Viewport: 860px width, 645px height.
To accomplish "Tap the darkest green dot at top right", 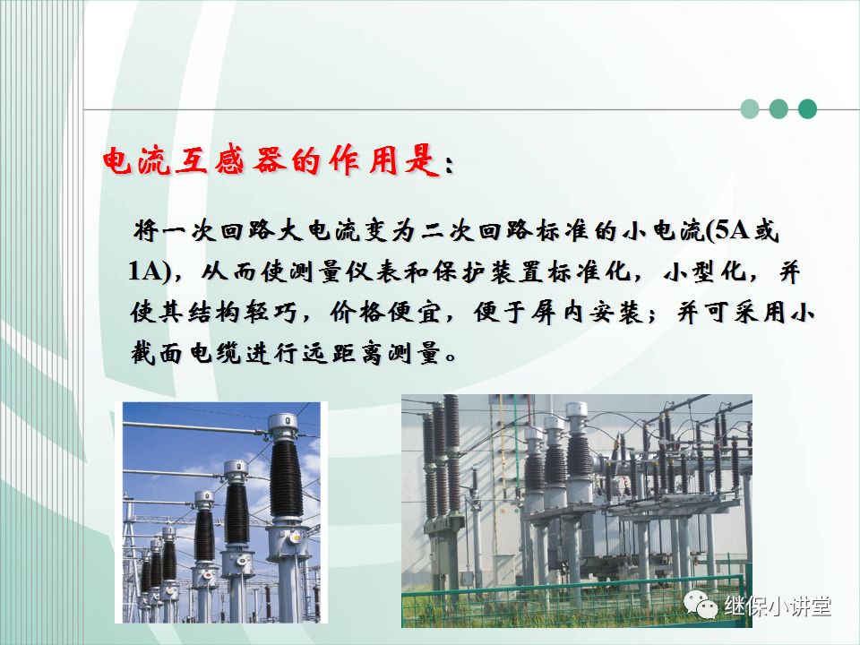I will tap(807, 109).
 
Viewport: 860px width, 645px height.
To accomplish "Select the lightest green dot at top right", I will tap(750, 109).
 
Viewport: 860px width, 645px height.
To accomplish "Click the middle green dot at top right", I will tap(778, 109).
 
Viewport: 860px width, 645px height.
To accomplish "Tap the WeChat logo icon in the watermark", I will tap(701, 606).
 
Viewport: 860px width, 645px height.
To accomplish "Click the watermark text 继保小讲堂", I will tap(777, 606).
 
